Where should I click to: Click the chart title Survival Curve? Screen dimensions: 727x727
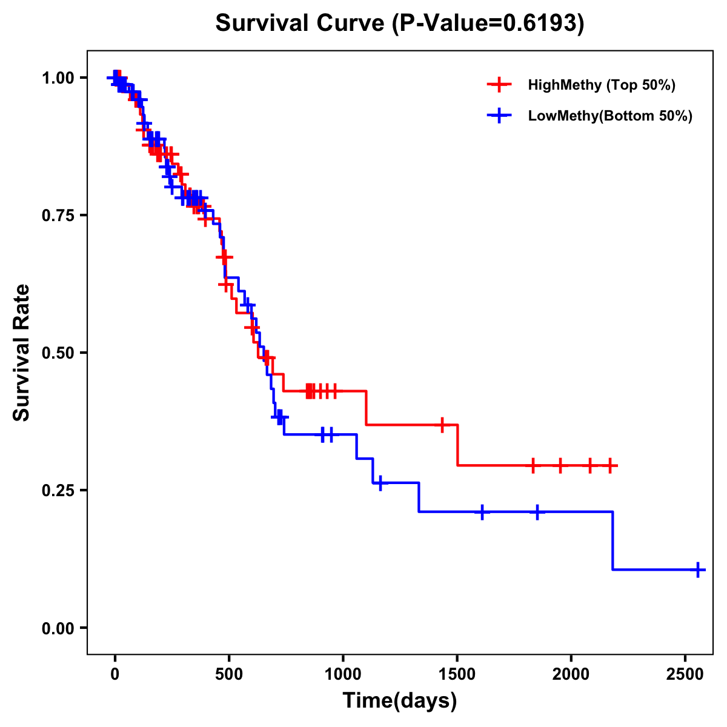pos(400,24)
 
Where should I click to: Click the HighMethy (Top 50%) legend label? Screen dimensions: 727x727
pos(602,85)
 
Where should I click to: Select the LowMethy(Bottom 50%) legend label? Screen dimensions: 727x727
pos(610,116)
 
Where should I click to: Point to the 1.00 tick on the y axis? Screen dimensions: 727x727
pos(58,78)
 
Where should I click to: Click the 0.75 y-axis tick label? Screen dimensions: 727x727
pos(58,216)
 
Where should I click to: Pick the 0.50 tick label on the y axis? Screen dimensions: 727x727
pos(58,353)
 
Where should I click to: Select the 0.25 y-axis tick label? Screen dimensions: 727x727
pos(58,491)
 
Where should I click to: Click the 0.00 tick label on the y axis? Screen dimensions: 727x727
pos(58,628)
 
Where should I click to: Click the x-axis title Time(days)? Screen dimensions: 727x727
pos(400,701)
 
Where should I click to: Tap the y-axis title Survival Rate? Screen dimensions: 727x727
pos(22,353)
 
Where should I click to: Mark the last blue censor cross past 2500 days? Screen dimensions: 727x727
pos(698,570)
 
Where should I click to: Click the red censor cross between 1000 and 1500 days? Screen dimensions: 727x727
pos(442,425)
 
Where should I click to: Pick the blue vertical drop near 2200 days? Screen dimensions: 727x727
pos(612,540)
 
